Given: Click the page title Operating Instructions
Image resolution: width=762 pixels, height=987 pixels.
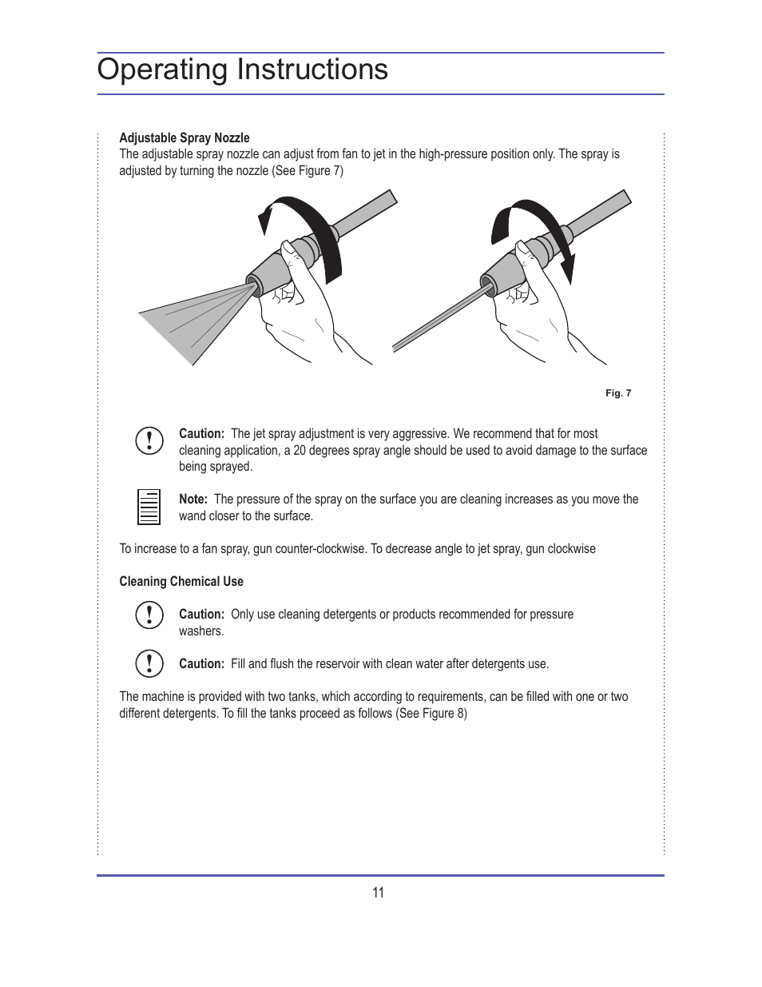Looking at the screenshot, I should tap(242, 70).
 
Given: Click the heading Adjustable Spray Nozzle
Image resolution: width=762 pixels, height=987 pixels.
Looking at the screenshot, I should tap(184, 137).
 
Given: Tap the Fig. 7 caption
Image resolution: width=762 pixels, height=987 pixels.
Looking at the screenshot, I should tap(617, 393).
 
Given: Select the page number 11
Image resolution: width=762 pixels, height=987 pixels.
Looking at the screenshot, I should tap(378, 893).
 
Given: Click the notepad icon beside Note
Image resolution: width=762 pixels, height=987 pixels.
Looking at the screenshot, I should tap(149, 507).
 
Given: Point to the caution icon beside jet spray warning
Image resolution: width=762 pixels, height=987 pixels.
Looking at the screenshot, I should tap(149, 440).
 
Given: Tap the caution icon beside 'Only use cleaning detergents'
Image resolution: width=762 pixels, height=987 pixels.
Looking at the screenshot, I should tap(149, 615).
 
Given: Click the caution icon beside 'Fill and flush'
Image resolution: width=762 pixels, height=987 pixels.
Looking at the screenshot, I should tap(149, 663).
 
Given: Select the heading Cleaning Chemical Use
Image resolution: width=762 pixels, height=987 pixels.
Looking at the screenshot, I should tap(181, 582).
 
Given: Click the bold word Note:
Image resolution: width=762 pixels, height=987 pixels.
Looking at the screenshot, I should tap(193, 499).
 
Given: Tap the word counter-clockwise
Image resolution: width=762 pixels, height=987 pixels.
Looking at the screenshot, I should tap(319, 549).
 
